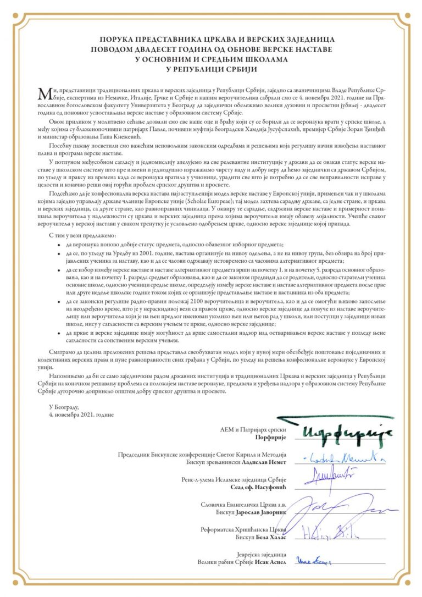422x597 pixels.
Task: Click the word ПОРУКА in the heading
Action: pos(118,40)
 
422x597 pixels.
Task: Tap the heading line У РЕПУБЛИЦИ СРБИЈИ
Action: pos(211,70)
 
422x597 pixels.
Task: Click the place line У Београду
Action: pos(64,407)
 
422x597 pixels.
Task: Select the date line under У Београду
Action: pos(81,414)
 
